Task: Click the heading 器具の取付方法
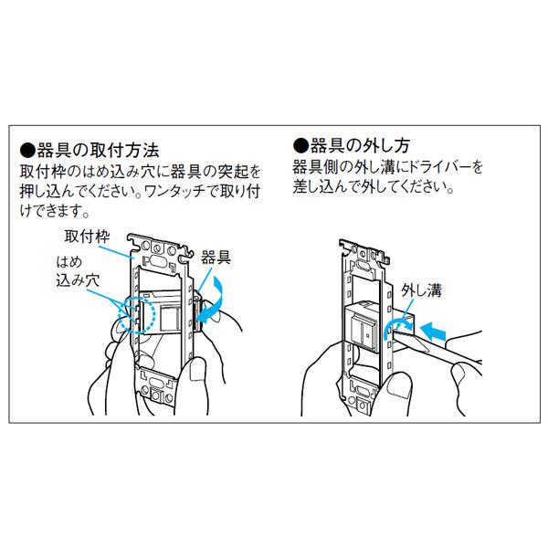[x=98, y=151]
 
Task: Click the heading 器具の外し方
[x=360, y=145]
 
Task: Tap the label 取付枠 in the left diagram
[x=87, y=237]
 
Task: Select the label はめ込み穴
[x=78, y=271]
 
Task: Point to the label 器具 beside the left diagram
[x=216, y=258]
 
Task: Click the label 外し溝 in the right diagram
[x=421, y=290]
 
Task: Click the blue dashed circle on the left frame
[x=137, y=315]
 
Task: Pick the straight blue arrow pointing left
[x=432, y=331]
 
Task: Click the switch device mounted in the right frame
[x=362, y=328]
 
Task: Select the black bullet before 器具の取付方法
[x=28, y=151]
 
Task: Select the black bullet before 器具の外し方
[x=301, y=146]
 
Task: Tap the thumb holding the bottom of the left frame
[x=196, y=370]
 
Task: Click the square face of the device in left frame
[x=170, y=319]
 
